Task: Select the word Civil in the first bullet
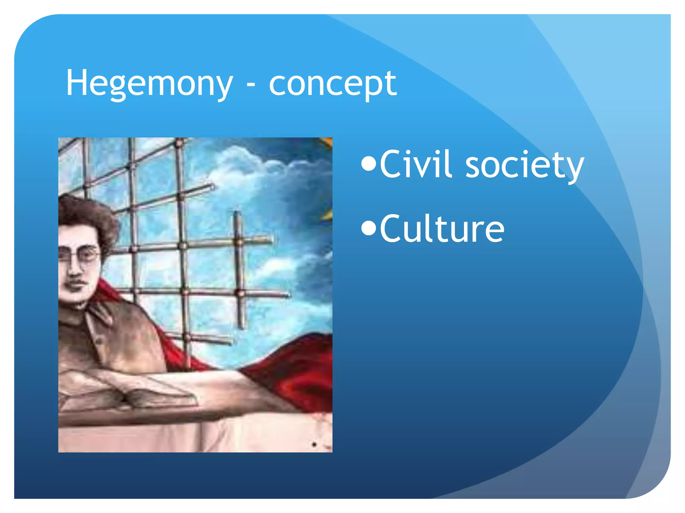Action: point(416,164)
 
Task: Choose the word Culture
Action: point(442,229)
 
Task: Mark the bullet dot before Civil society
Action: point(369,164)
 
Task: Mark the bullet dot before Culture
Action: point(369,229)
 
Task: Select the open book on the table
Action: point(134,396)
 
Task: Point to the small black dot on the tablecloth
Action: point(314,445)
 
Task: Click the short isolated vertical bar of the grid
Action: point(238,267)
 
